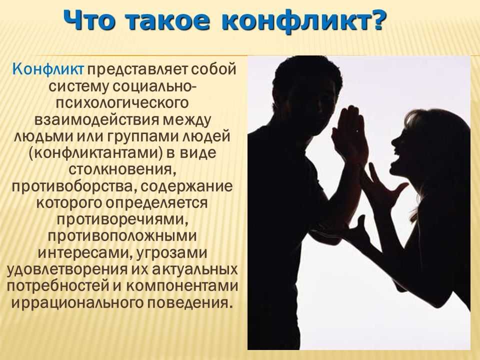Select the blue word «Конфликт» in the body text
(x=48, y=69)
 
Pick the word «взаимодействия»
(x=96, y=119)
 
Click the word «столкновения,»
(x=123, y=169)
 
